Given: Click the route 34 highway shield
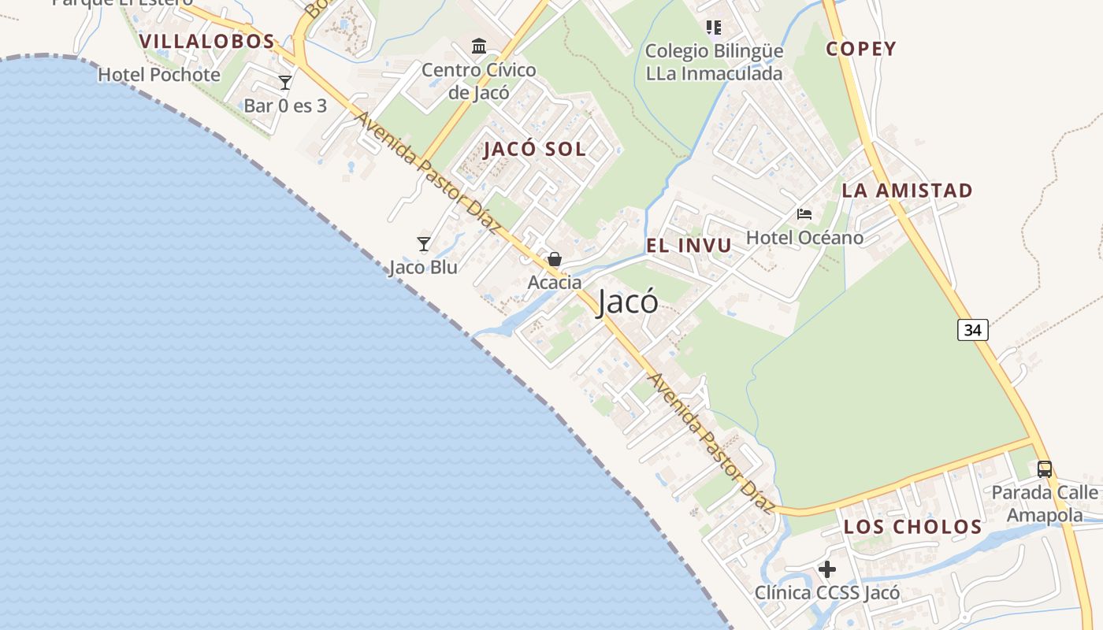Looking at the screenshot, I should [973, 330].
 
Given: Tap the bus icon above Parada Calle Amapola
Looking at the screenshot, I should [1045, 469].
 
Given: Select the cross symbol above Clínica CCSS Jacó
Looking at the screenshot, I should [827, 569].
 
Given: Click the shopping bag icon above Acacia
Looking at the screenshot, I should [555, 259].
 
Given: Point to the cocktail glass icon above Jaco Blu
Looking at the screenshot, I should [424, 244].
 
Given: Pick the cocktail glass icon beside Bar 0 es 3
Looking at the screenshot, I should [285, 82].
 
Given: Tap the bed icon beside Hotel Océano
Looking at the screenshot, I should [804, 213].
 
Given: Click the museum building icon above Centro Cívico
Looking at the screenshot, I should [479, 46].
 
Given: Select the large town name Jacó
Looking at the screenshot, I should [627, 302].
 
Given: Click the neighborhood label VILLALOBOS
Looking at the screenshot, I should [207, 41].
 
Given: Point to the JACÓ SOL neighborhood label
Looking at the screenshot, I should [535, 149].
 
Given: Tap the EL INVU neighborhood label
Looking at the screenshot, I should [689, 245].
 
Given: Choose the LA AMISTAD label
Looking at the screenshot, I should [907, 190].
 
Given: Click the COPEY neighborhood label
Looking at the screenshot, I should [861, 49].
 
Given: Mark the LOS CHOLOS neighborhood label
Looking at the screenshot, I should [913, 527].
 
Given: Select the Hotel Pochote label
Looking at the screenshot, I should [159, 75].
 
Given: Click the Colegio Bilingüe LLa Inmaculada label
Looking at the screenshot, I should [714, 62].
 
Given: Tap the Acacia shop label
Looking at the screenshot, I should [555, 282].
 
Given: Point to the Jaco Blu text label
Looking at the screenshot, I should [423, 267].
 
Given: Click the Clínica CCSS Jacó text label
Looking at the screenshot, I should [827, 592].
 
